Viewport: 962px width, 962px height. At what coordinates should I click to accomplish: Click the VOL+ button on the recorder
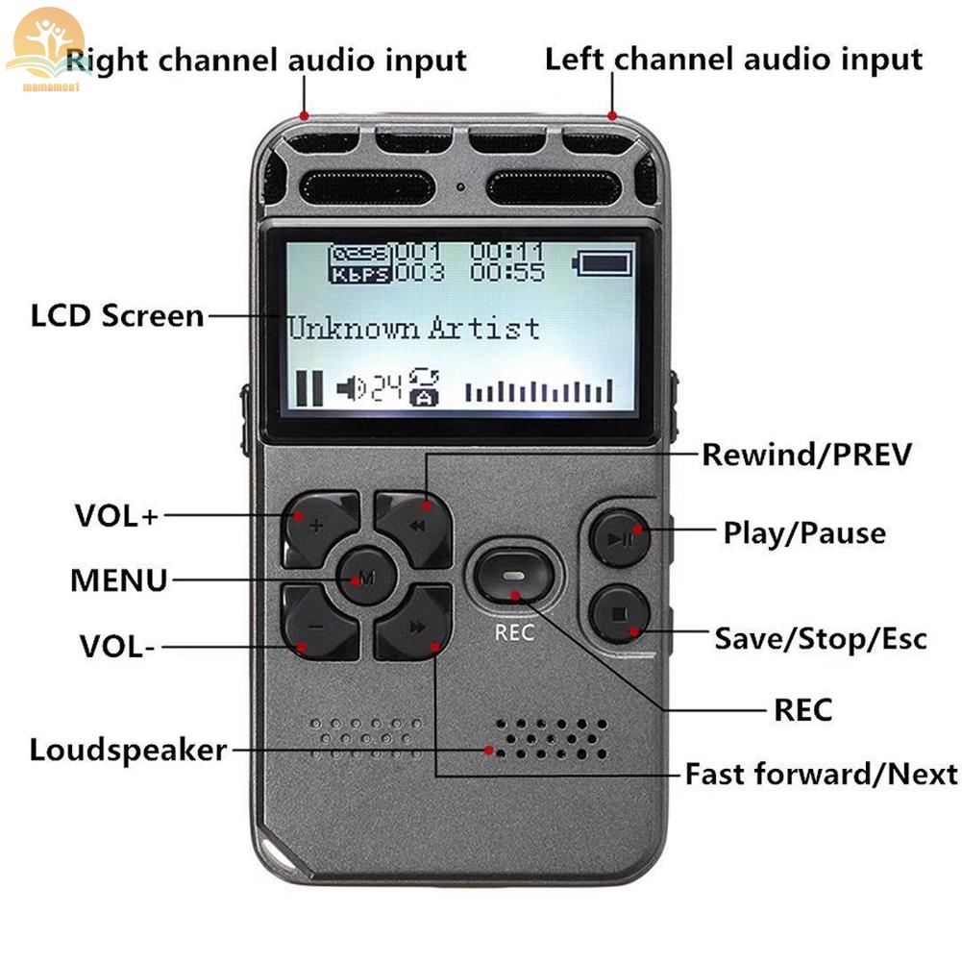pyautogui.click(x=320, y=526)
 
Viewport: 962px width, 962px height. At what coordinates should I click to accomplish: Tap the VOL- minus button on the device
pyautogui.click(x=320, y=626)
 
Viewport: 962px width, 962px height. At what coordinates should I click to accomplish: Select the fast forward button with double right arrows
pyautogui.click(x=413, y=626)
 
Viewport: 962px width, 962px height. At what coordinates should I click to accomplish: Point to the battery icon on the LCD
pyautogui.click(x=603, y=261)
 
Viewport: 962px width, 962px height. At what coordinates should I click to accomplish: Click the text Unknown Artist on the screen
pyautogui.click(x=414, y=329)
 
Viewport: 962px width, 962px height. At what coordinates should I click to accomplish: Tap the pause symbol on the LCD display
pyautogui.click(x=308, y=387)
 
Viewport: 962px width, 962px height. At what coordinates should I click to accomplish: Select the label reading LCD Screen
pyautogui.click(x=117, y=316)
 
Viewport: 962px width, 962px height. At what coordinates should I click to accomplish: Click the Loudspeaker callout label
pyautogui.click(x=128, y=750)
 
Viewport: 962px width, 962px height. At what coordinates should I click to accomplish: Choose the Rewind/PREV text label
pyautogui.click(x=806, y=455)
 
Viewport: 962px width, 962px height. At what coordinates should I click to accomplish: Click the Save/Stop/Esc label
pyautogui.click(x=820, y=638)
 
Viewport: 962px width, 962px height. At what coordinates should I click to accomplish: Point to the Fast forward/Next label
pyautogui.click(x=821, y=774)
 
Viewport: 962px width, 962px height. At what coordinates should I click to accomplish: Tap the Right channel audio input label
pyautogui.click(x=266, y=61)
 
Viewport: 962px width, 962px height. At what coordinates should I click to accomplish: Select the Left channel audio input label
pyautogui.click(x=733, y=60)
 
